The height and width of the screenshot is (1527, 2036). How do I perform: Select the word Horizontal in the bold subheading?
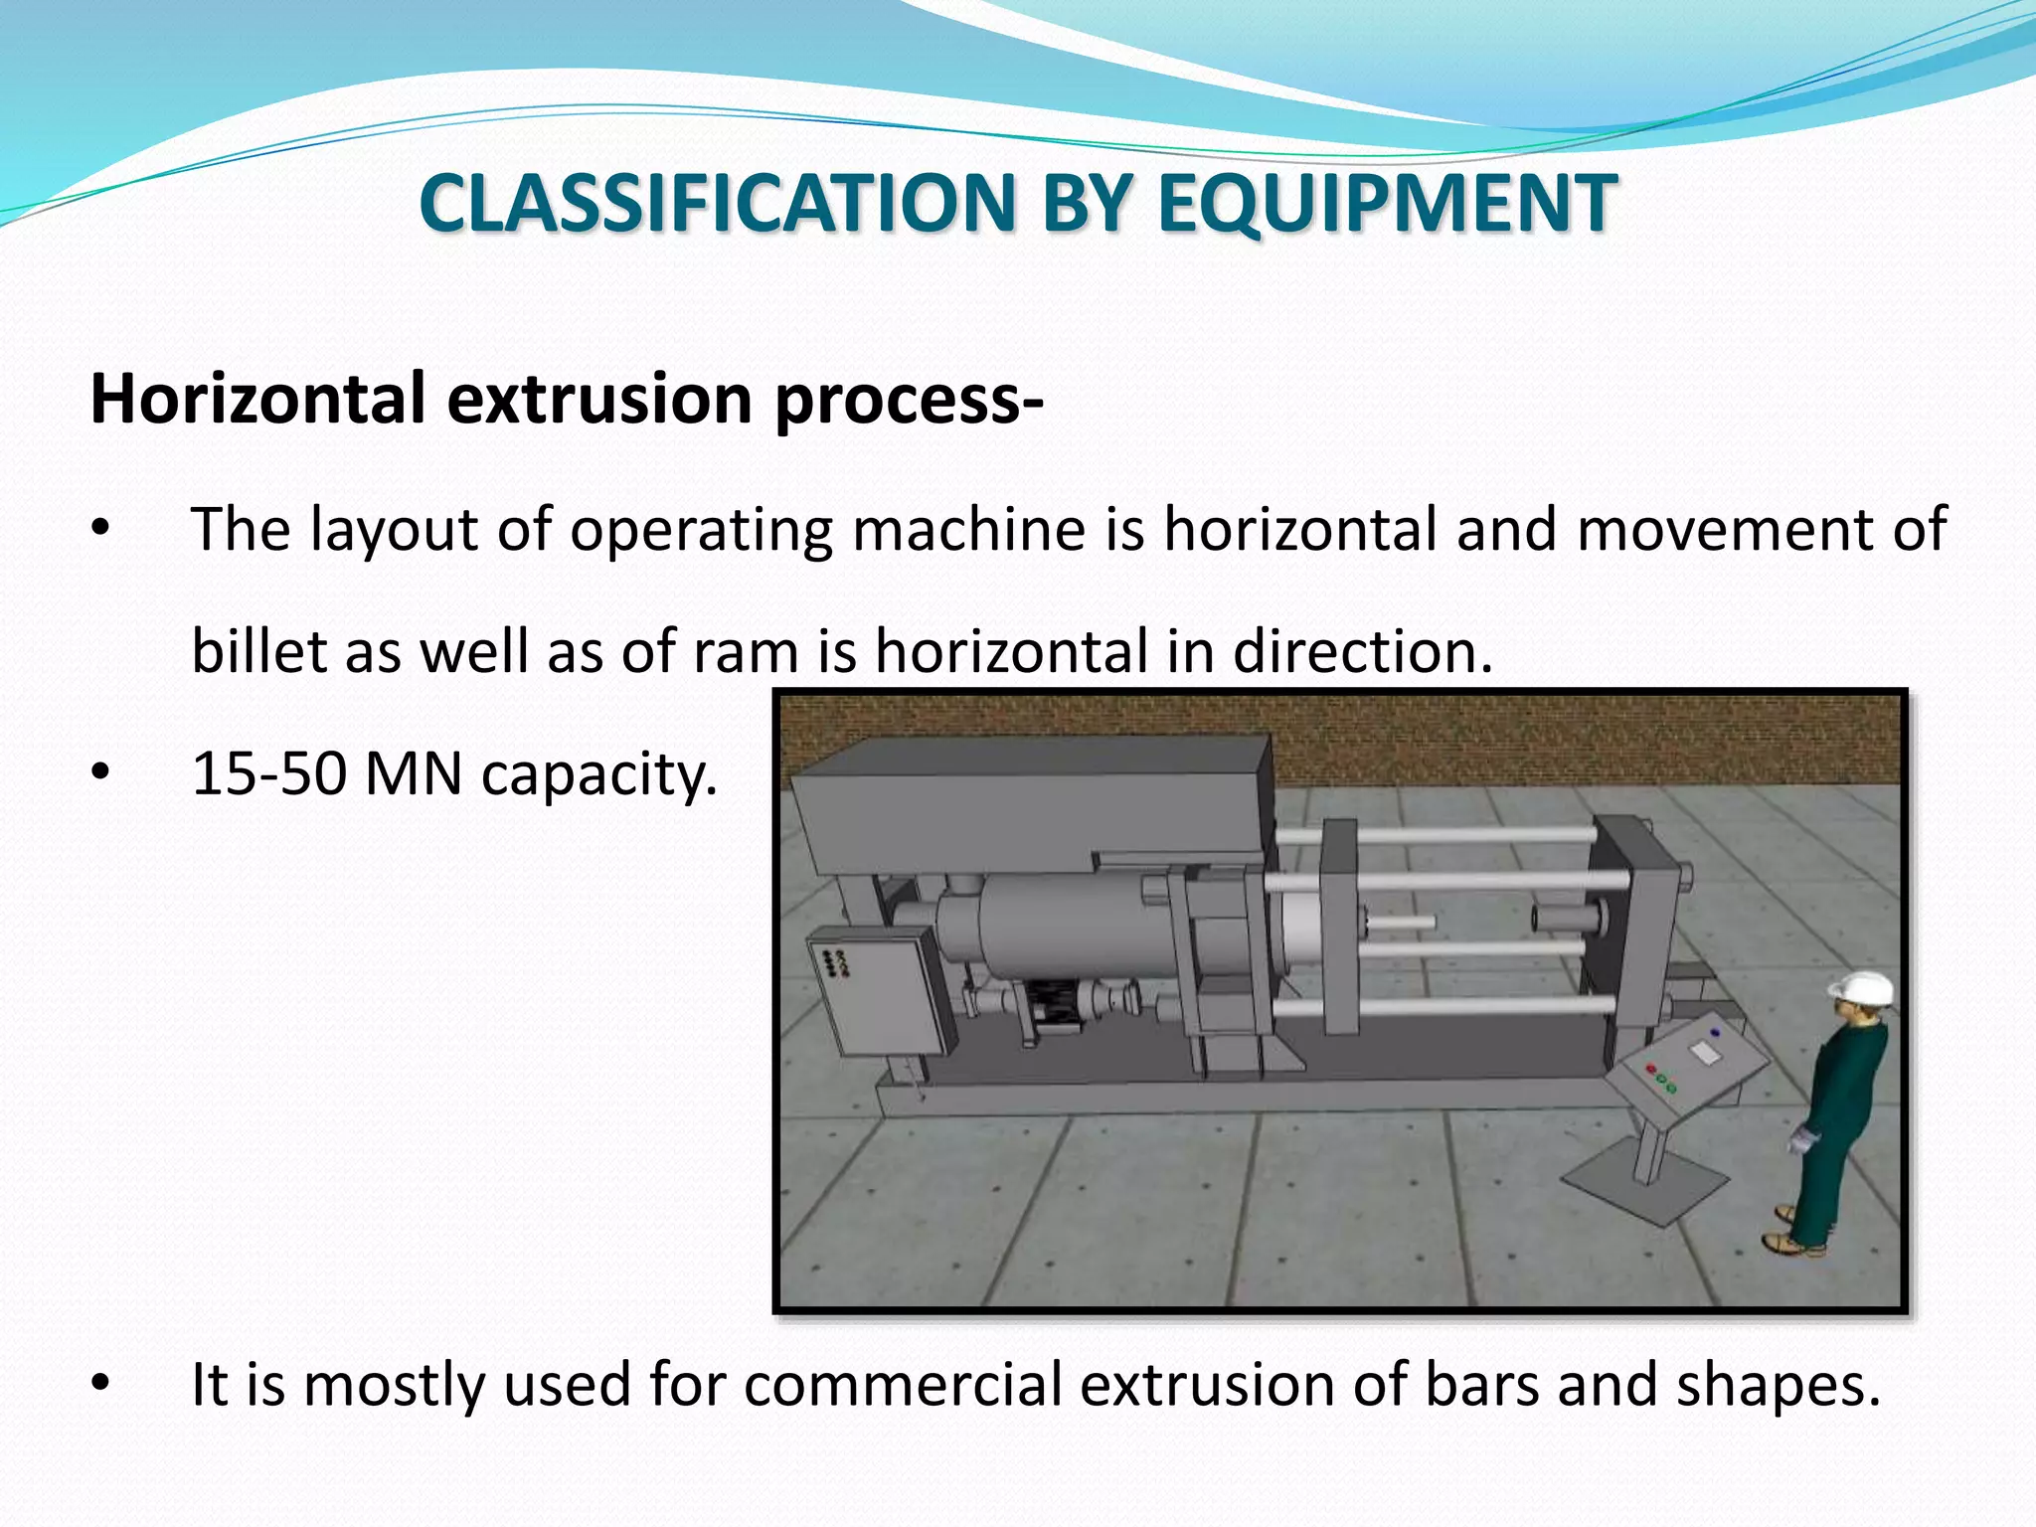[258, 398]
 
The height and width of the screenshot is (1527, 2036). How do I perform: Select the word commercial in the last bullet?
[903, 1384]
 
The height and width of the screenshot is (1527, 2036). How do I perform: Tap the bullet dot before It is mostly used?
[99, 1384]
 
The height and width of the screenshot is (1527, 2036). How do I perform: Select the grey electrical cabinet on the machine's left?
[880, 991]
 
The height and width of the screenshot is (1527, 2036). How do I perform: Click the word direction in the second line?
[1362, 651]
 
